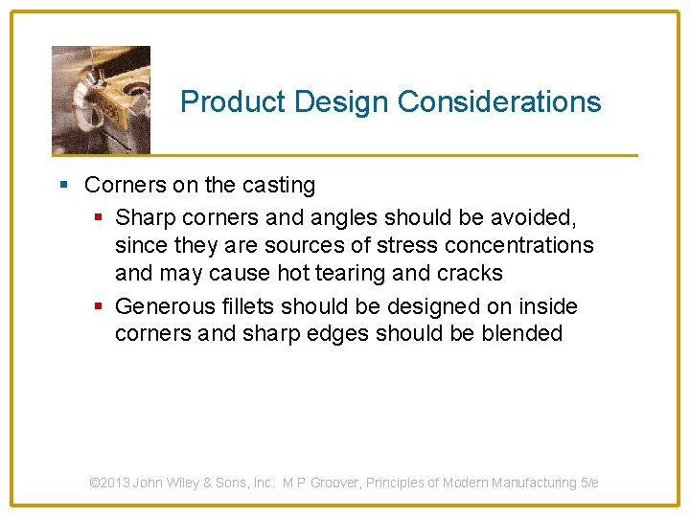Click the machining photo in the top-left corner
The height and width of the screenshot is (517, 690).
[x=101, y=100]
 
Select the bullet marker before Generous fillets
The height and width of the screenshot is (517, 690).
[x=99, y=306]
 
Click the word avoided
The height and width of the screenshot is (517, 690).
[x=538, y=217]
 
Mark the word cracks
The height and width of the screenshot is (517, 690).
[x=471, y=273]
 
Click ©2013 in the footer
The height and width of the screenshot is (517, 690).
[x=109, y=483]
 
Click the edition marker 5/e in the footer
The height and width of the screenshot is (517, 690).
[x=589, y=483]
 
